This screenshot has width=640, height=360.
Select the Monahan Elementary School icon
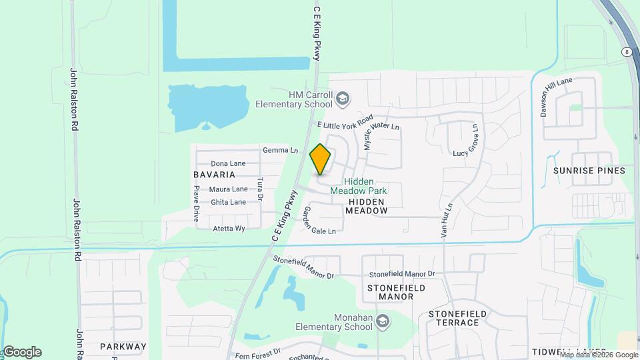[383, 322]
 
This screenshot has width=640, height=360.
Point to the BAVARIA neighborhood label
[214, 175]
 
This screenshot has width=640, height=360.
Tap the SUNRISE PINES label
[589, 171]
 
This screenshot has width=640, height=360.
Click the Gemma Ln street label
[281, 151]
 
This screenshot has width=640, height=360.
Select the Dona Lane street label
[228, 163]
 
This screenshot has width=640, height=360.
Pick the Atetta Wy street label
[229, 228]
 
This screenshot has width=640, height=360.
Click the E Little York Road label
[345, 121]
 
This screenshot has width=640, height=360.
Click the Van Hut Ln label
[446, 221]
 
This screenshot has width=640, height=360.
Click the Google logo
[21, 352]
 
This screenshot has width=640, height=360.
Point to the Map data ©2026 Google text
[599, 355]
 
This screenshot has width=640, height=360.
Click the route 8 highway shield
[627, 51]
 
